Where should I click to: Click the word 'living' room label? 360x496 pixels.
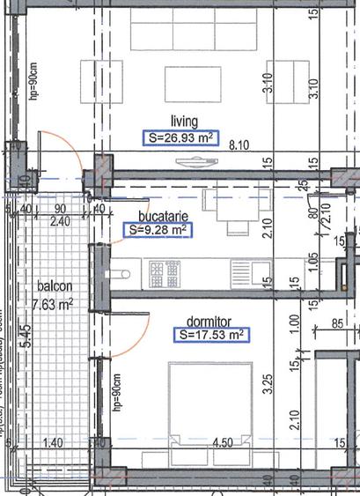184,122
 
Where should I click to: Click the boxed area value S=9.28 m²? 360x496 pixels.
158,230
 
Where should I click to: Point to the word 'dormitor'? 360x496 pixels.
208,321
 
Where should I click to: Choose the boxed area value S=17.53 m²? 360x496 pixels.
210,335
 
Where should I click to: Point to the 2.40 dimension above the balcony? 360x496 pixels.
60,222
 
